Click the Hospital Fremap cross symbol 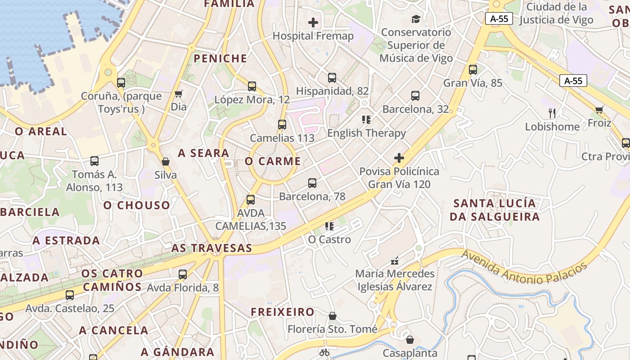point(313,22)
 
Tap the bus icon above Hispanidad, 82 point(332,78)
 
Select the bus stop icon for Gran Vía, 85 point(473,70)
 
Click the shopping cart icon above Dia point(179,94)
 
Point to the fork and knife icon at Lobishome point(552,113)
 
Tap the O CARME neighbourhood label point(273,161)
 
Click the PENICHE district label point(220,58)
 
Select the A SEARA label point(204,153)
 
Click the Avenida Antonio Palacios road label point(525,267)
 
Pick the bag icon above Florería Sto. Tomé point(333,316)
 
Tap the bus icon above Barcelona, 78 point(312,183)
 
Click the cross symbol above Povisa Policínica point(399,158)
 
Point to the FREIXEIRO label point(283,311)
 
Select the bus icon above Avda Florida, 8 point(183,274)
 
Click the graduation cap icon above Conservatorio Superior point(416,19)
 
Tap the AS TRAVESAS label point(211,248)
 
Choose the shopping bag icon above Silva point(166,162)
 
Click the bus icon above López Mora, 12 point(252,86)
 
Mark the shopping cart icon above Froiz point(599,110)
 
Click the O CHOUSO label point(137,205)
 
